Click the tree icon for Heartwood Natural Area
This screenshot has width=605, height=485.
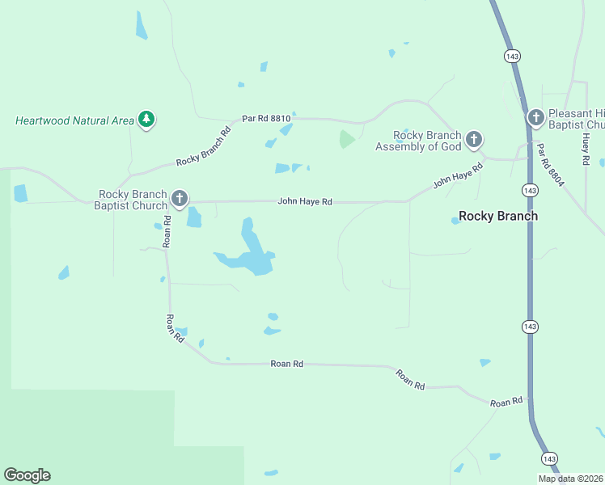pyautogui.click(x=146, y=120)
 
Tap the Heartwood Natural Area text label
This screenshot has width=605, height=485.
pyautogui.click(x=74, y=121)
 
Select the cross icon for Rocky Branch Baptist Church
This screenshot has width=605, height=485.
pyautogui.click(x=180, y=198)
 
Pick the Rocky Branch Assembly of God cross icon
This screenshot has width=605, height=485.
pyautogui.click(x=474, y=140)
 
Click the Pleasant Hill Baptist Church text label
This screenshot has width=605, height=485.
pyautogui.click(x=576, y=120)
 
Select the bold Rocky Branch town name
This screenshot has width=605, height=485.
pyautogui.click(x=497, y=216)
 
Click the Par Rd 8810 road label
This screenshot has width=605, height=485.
pyautogui.click(x=265, y=119)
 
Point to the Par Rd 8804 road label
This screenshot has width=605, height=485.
pyautogui.click(x=548, y=162)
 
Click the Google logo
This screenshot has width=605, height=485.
pyautogui.click(x=27, y=475)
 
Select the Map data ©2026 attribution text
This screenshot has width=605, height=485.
pyautogui.click(x=570, y=479)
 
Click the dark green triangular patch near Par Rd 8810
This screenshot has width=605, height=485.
pyautogui.click(x=346, y=139)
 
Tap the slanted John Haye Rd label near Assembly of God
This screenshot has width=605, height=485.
pyautogui.click(x=457, y=175)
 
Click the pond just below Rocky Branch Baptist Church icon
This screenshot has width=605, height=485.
pyautogui.click(x=193, y=217)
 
